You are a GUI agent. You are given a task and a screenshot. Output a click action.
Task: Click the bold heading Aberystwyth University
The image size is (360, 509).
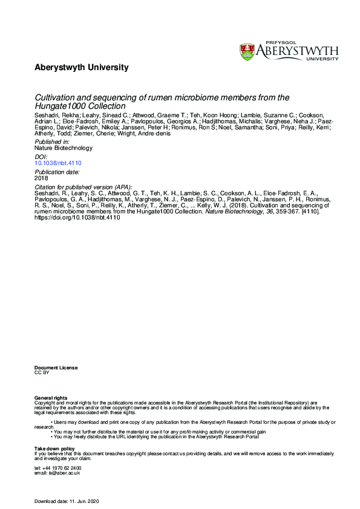click(x=82, y=68)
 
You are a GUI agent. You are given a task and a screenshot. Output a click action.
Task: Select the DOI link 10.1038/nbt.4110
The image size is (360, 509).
click(x=58, y=163)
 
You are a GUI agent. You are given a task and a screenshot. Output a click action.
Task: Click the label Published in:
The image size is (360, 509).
click(x=52, y=141)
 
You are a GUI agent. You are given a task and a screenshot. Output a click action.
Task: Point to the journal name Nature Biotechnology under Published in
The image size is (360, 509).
click(x=64, y=148)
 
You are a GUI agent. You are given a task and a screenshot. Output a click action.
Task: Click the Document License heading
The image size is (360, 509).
click(x=56, y=368)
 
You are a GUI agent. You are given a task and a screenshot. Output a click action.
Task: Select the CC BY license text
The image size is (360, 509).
click(x=42, y=373)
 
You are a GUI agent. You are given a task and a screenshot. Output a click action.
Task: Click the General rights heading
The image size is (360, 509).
click(x=51, y=397)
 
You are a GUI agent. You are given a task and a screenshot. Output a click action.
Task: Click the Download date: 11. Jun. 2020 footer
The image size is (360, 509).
click(x=71, y=501)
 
